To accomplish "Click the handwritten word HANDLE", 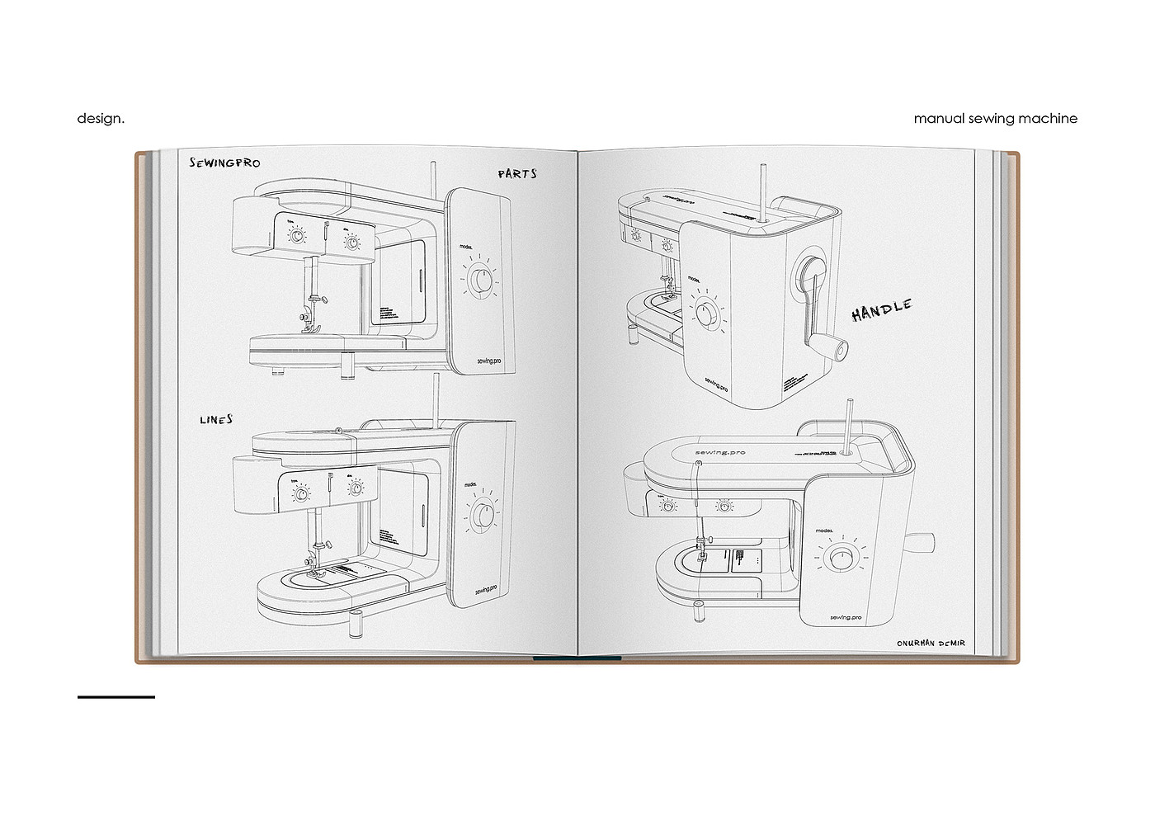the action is pos(882,310).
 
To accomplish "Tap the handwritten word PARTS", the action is pos(517,174).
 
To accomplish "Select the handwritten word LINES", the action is pos(216,420).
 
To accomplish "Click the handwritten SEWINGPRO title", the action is pos(224,163).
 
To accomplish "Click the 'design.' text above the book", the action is pos(101,119).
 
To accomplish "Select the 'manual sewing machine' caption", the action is pos(995,119).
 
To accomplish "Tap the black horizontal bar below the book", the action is pos(116,697).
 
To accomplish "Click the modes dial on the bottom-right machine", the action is pos(841,559).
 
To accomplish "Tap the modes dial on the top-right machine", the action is pos(706,314).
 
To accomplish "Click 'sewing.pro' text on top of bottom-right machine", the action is pos(720,452).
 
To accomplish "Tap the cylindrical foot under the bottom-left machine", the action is pos(356,624).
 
